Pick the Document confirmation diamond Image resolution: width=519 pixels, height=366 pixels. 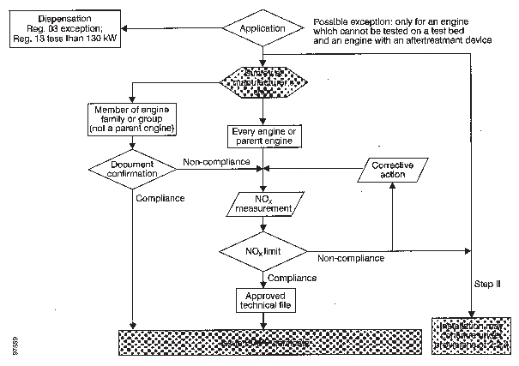point(134,169)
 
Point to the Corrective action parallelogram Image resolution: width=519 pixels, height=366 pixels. point(390,170)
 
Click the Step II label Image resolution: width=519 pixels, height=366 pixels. point(487,282)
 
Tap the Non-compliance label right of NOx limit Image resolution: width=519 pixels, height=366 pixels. point(351,258)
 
